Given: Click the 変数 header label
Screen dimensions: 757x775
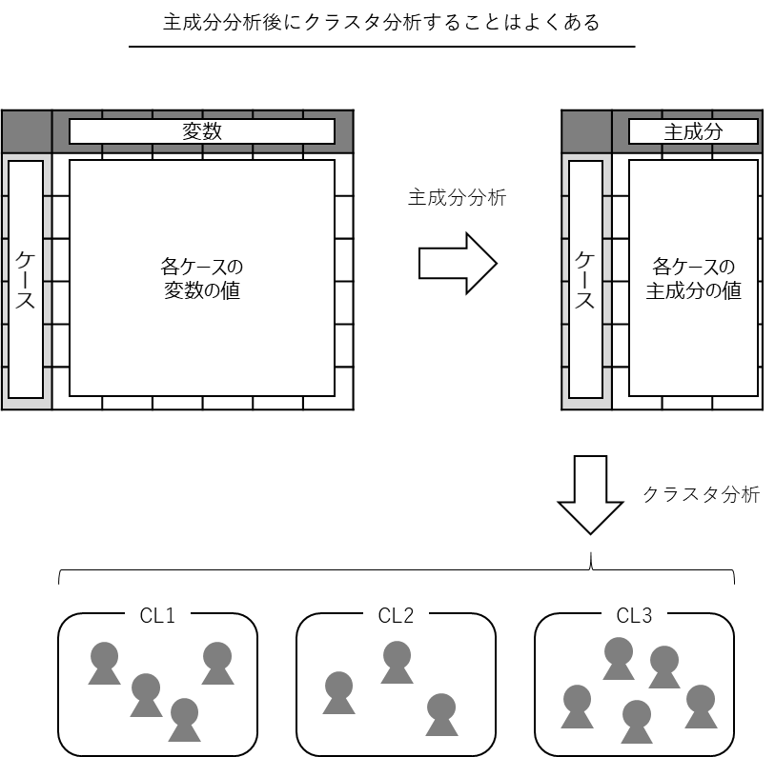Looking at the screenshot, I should click(x=201, y=131).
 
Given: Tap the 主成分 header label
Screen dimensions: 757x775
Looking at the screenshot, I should click(x=693, y=131).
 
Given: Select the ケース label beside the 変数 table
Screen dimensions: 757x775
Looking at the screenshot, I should click(x=26, y=279).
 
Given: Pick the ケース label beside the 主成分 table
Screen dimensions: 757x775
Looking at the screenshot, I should click(x=585, y=279).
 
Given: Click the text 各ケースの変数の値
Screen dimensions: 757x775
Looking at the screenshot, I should click(x=201, y=278).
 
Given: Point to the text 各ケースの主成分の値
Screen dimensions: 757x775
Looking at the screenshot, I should click(x=693, y=278).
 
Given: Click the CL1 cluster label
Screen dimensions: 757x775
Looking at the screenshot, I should click(x=157, y=616).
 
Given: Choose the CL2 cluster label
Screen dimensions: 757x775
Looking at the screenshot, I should click(x=396, y=616).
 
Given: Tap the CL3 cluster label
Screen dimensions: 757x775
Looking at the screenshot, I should click(x=634, y=616).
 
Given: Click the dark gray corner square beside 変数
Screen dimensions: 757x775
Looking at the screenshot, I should click(x=26, y=130).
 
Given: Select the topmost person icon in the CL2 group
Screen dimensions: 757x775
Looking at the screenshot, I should click(x=397, y=663).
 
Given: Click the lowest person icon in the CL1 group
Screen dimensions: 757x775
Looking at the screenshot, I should click(x=184, y=721).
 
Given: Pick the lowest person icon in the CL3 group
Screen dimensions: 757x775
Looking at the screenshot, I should click(x=637, y=723).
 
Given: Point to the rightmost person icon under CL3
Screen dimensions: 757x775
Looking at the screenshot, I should click(x=701, y=707).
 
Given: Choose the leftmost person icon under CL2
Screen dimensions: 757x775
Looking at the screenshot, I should click(x=339, y=693).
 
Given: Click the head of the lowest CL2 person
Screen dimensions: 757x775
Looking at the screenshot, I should click(x=441, y=706).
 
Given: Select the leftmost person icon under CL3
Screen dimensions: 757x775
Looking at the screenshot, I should click(x=577, y=707).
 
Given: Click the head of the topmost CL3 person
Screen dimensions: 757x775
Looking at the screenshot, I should click(x=619, y=650).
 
